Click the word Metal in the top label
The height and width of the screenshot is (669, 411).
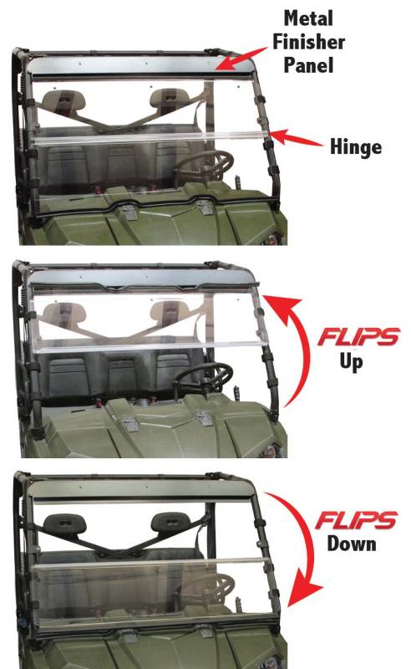coord(308,18)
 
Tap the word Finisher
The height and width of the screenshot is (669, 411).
coord(309,42)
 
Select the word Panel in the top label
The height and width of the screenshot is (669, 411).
coord(308,65)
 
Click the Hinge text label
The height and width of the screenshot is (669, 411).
coord(356,148)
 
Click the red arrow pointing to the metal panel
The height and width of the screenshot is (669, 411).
coord(241,59)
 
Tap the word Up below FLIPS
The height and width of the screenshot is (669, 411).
coord(351,363)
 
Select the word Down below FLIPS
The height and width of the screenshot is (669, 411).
coord(352,544)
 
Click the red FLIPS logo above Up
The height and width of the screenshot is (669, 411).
coord(358,337)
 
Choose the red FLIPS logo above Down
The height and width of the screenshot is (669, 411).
coord(357,519)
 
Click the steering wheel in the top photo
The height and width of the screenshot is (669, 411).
coord(205,166)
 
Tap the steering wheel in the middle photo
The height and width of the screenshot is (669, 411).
coord(204,378)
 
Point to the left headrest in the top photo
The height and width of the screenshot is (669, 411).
coord(64,100)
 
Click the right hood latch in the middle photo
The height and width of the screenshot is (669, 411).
coord(204,419)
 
